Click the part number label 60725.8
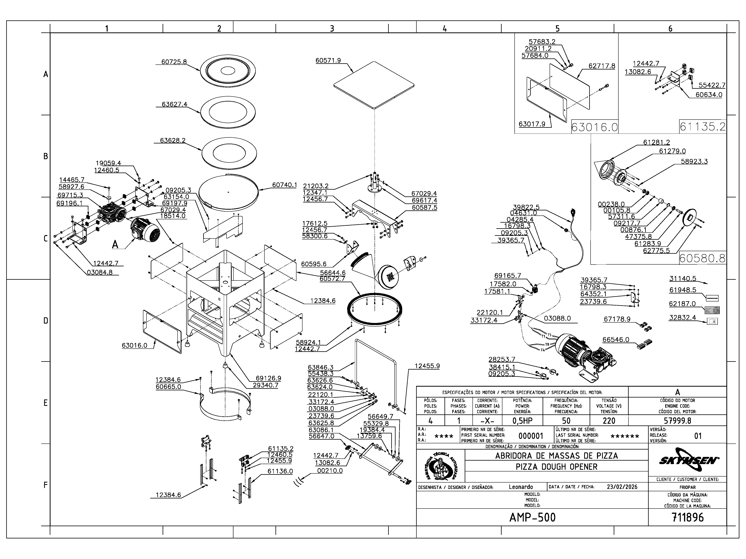174,62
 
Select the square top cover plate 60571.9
374,85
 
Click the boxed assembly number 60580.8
702,258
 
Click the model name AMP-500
532,517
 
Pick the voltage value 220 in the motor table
609,421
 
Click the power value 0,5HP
522,421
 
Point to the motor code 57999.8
677,421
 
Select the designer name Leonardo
521,487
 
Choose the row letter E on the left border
45,403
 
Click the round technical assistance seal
441,467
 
